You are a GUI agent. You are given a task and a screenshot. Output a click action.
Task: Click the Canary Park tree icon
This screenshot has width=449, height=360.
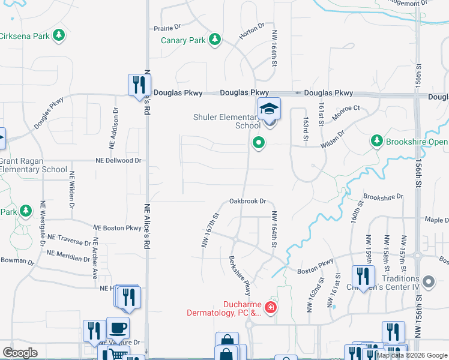(x=214, y=40)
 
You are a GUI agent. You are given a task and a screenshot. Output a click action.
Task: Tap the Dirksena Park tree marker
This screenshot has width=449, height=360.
(x=58, y=36)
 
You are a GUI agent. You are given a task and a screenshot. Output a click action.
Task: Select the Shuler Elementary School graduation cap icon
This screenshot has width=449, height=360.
(x=269, y=109)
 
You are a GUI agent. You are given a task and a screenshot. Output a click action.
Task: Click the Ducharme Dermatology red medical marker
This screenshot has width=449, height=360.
(x=271, y=308)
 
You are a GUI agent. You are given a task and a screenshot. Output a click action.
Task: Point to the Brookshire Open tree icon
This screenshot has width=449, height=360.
(x=376, y=141)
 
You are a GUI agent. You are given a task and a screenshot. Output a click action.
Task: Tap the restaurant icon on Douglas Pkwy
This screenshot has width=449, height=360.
(x=137, y=84)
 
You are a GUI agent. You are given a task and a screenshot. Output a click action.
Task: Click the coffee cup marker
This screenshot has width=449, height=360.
(x=118, y=328)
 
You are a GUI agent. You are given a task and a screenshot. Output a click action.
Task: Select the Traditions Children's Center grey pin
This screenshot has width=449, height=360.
(x=428, y=281)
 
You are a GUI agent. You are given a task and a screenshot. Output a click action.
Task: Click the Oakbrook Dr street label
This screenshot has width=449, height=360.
(x=247, y=202)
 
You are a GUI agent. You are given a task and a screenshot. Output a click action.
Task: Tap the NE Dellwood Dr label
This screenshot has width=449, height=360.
(x=118, y=161)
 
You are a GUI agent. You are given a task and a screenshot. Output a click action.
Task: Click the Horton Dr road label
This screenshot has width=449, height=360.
(x=252, y=32)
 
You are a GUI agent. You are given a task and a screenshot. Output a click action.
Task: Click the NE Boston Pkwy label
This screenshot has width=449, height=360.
(x=118, y=228)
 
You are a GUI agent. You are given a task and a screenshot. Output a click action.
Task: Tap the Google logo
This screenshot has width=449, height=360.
(x=20, y=353)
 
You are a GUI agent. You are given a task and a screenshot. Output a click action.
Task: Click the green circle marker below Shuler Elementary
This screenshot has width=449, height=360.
(x=259, y=143)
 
